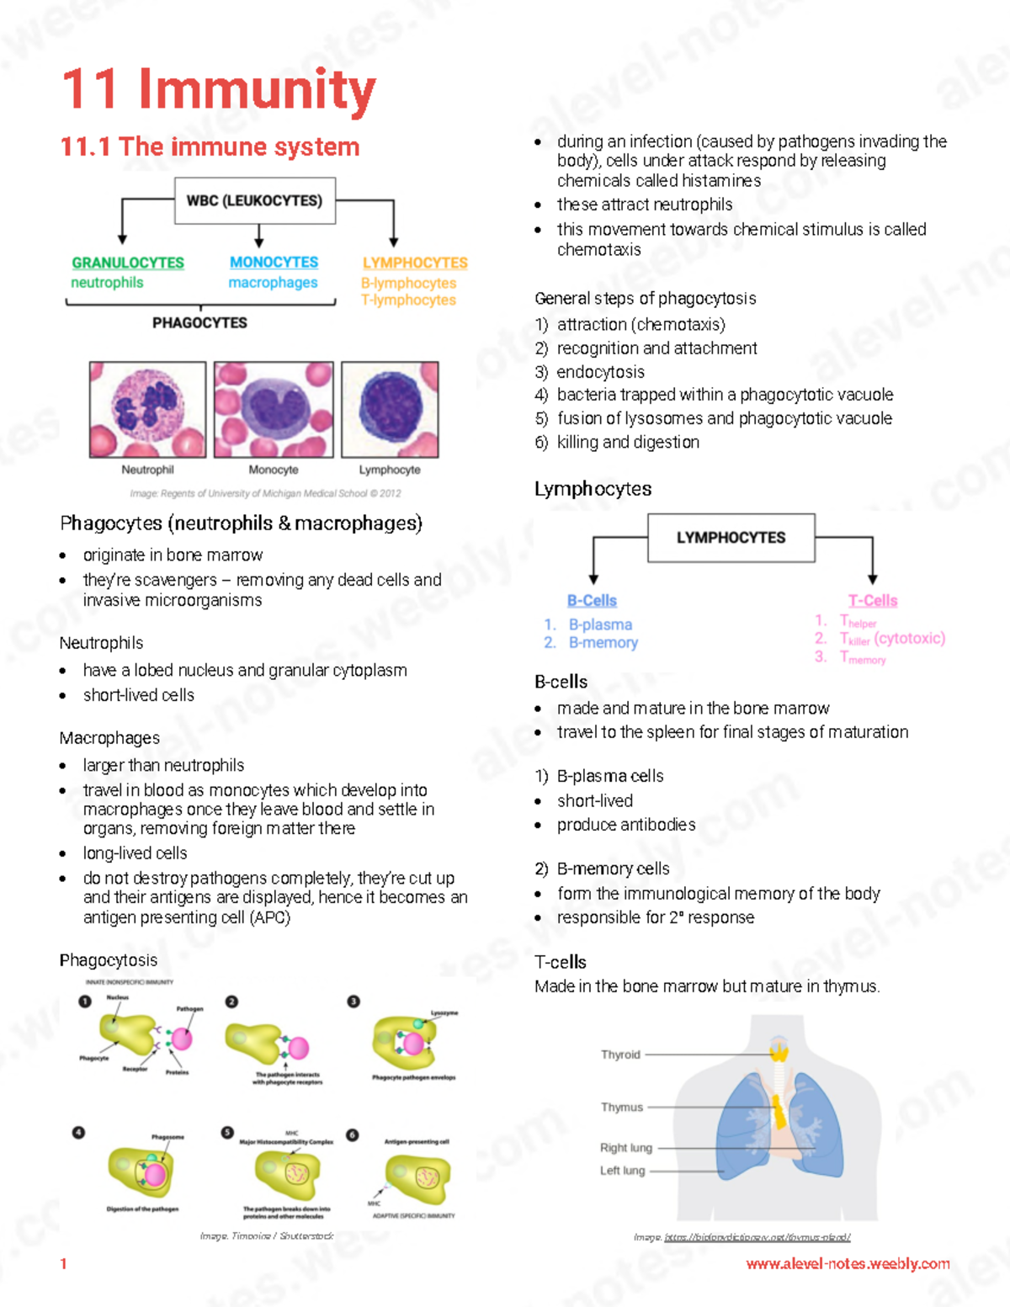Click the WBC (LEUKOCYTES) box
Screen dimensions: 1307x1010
254,200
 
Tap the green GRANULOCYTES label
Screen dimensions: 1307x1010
128,263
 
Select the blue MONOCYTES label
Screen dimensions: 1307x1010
274,263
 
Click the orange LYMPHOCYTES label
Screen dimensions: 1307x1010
415,263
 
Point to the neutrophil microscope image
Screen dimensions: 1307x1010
148,409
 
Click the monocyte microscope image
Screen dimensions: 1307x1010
274,409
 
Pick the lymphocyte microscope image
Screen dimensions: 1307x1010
390,409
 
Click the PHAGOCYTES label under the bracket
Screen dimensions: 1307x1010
199,322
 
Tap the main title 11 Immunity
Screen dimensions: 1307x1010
219,89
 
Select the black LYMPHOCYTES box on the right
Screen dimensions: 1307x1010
731,538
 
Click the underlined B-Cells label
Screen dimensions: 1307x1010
592,600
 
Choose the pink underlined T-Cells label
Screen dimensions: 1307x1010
873,600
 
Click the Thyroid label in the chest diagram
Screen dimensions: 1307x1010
620,1055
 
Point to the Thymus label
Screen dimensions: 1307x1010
622,1108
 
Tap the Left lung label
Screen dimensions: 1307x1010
623,1171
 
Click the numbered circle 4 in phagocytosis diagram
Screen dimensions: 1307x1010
79,1133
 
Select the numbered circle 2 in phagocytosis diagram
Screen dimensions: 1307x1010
231,1002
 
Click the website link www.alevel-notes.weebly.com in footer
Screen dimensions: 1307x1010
848,1263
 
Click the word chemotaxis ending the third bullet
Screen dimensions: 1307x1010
599,250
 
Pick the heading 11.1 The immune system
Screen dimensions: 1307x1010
210,146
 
